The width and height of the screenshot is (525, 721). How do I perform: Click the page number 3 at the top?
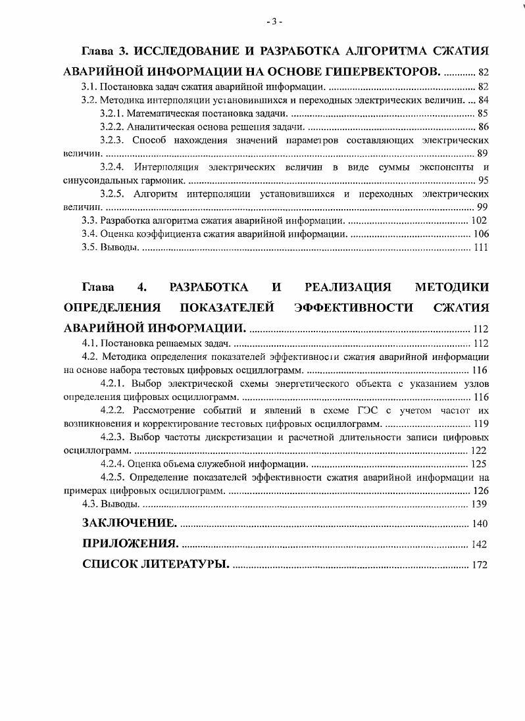274,22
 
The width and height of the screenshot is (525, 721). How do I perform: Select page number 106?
479,234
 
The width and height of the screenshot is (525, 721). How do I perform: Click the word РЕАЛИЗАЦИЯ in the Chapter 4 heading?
348,287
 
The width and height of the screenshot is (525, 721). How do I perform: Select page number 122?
479,451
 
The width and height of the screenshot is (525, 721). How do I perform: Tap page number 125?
479,464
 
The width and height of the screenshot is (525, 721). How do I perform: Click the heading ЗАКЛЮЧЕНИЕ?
129,523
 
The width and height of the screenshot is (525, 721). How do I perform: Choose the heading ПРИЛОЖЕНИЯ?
130,543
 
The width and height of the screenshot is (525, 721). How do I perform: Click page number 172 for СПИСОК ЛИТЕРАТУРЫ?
479,565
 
